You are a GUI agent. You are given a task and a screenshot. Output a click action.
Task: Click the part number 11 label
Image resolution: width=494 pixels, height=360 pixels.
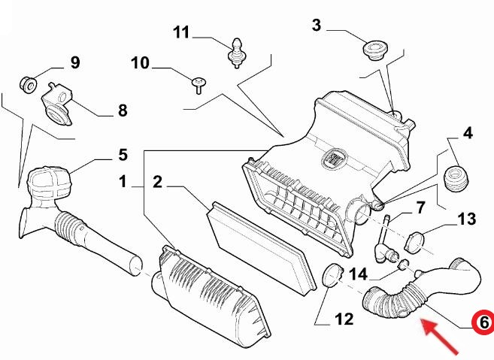coord(181,32)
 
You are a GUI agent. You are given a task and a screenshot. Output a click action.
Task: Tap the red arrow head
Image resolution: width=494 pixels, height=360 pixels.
coord(429,326)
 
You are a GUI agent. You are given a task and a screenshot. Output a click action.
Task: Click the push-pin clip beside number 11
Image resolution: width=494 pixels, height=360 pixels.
coord(236,53)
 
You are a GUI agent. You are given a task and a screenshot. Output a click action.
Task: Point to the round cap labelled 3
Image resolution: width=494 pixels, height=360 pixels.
coord(375,50)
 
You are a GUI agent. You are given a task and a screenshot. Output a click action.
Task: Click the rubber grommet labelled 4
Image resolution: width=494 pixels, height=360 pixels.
coord(456,179)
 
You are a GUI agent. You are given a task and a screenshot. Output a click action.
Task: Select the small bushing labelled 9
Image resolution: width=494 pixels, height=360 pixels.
coord(29,84)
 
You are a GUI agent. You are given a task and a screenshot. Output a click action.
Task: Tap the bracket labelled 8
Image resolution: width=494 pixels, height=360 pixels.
coord(58,104)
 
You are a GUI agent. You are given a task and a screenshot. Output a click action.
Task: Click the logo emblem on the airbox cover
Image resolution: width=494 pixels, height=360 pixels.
coord(335,158)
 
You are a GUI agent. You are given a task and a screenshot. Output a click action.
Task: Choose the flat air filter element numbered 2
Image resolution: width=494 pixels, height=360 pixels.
coord(261,248)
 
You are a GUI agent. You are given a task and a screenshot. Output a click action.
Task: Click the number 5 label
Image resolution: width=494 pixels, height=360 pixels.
coord(123,155)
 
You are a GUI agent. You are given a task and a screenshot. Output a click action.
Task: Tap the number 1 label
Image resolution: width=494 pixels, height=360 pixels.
coord(123,182)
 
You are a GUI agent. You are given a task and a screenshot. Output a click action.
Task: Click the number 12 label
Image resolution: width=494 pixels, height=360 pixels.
coord(344,319)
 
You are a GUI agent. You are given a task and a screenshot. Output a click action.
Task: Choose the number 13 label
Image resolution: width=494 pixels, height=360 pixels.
coord(467,219)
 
